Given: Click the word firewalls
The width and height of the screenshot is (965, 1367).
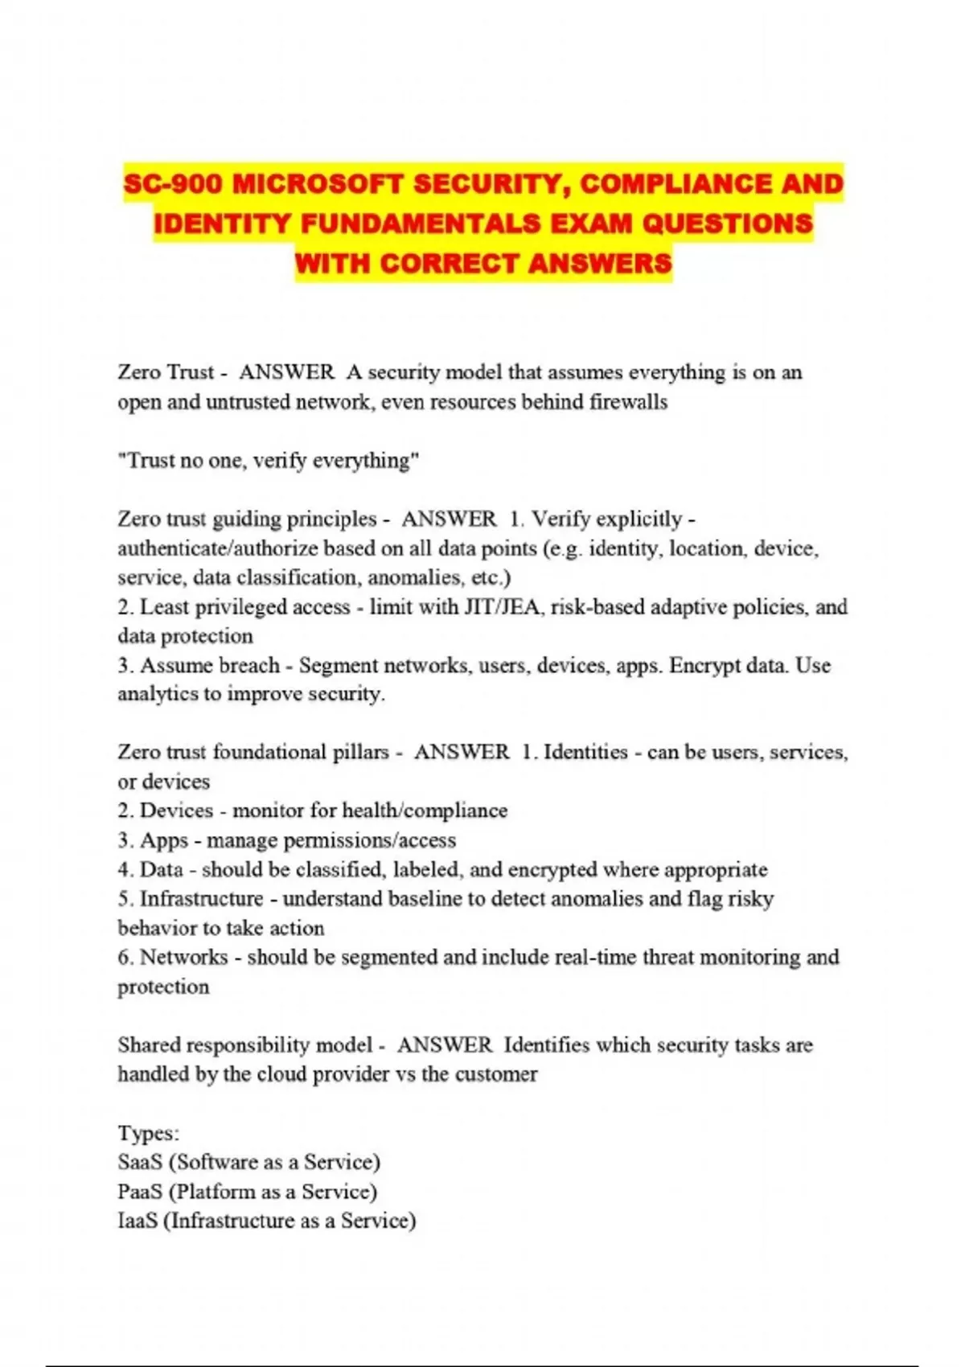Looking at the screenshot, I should click(628, 402).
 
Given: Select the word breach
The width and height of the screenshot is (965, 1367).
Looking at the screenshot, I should click(249, 666).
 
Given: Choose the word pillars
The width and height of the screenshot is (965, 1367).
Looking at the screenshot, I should click(361, 753).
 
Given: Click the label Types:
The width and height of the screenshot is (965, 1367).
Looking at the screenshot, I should click(149, 1133).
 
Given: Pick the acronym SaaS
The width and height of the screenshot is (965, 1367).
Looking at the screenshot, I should click(140, 1163).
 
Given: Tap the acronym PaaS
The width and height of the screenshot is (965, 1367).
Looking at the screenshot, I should click(140, 1192).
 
